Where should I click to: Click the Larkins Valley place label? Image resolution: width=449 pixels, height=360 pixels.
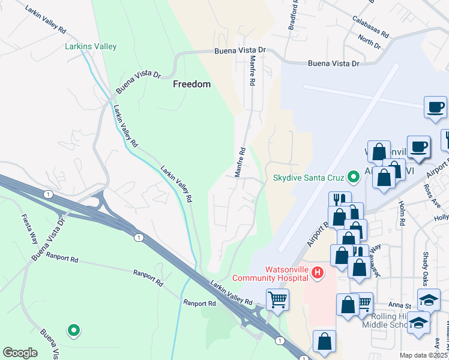(91, 46)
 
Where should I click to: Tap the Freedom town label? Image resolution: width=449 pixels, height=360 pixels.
(191, 84)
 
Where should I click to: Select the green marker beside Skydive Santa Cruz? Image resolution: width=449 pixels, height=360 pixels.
(354, 177)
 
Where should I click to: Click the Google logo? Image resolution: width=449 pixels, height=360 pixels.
(20, 352)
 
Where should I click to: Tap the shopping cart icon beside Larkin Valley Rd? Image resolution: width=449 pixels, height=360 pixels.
(277, 299)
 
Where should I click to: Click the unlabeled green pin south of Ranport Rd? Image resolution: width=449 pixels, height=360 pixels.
(73, 330)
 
